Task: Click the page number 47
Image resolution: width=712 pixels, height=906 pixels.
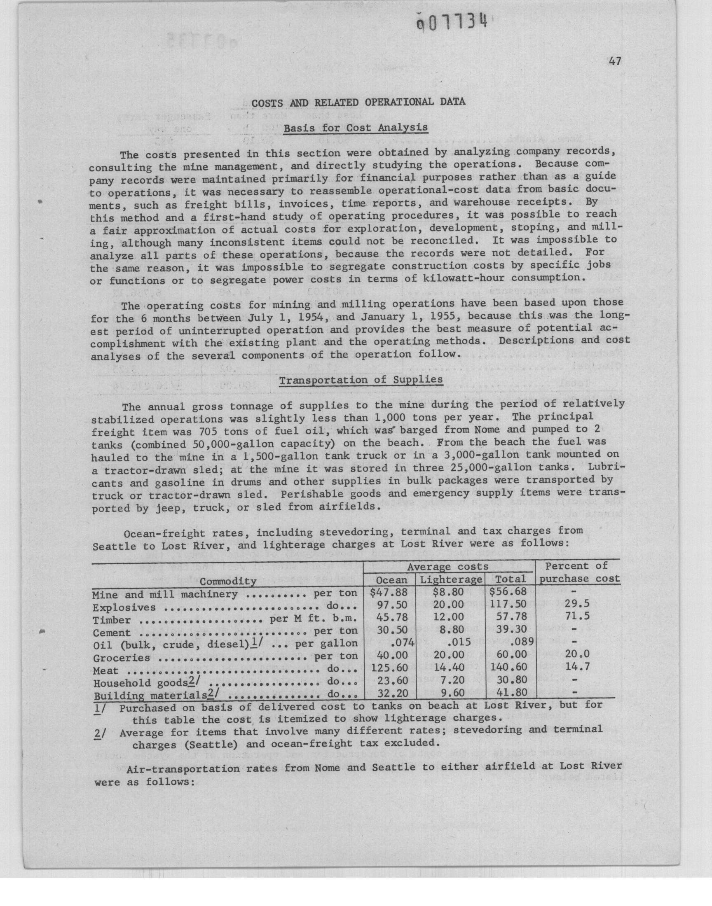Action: [614, 62]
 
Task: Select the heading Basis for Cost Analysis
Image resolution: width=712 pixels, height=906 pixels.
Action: [356, 128]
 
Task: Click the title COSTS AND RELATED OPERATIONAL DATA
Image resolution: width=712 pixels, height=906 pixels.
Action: [358, 102]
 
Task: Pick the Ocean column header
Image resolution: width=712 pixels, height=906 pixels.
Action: [391, 579]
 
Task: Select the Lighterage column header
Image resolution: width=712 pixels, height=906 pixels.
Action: [451, 579]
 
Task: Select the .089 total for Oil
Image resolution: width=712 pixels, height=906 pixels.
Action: [521, 642]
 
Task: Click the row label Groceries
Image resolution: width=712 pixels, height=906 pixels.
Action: [121, 658]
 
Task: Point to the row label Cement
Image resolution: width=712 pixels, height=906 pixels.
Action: [111, 633]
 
